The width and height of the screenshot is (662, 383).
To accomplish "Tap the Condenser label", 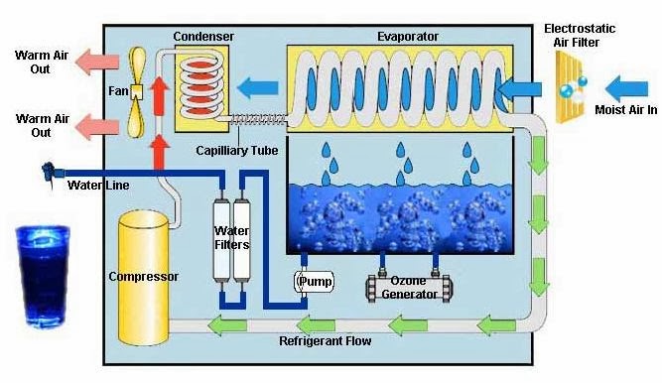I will [x=203, y=38].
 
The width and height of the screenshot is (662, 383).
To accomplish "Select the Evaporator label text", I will [x=407, y=38].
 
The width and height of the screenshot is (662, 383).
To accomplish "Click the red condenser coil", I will [x=202, y=80].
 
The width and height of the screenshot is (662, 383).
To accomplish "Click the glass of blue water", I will [x=40, y=274].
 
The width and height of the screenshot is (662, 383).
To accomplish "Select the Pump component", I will [x=314, y=282].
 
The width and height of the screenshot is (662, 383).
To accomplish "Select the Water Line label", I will [x=97, y=184].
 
